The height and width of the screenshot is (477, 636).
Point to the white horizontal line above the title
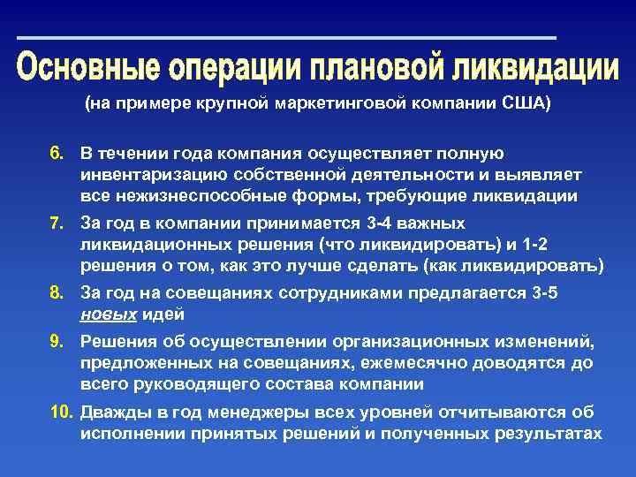point(286,38)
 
